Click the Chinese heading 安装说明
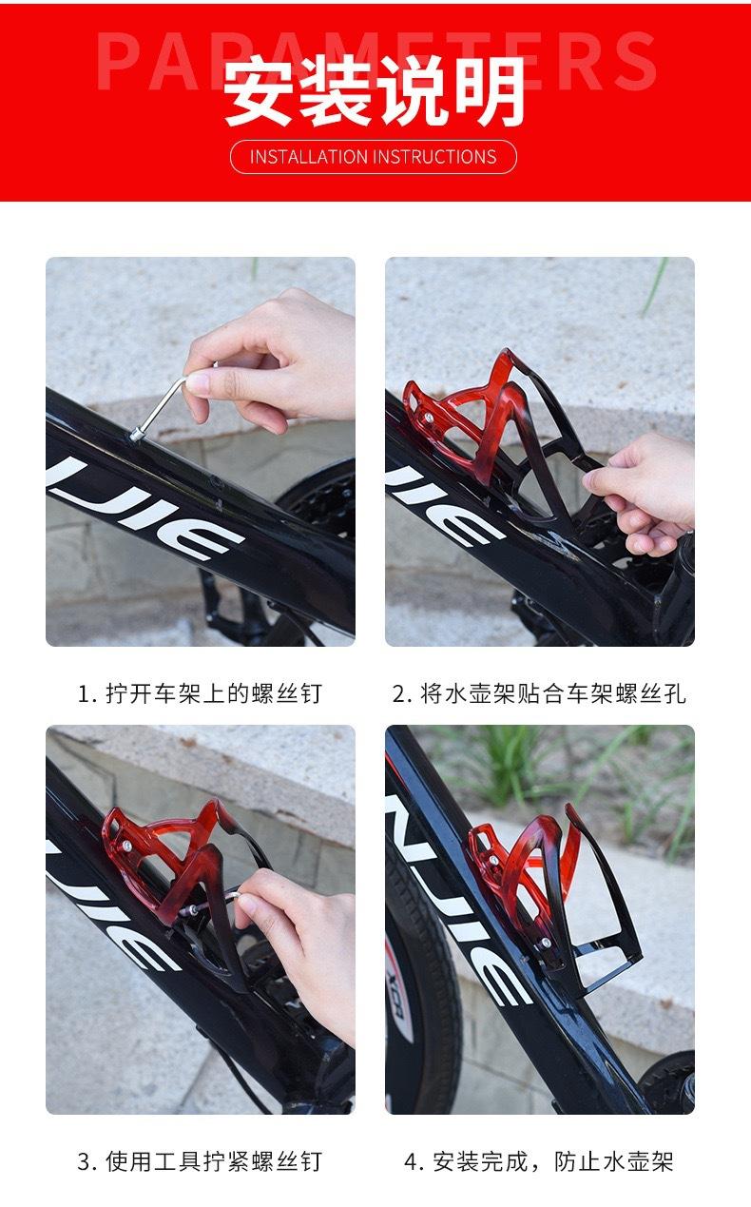click(x=375, y=91)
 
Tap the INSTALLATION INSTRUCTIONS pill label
click(x=374, y=157)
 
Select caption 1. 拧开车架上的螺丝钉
click(x=200, y=693)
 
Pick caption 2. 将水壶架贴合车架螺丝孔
click(x=539, y=693)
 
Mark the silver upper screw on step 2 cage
click(x=429, y=417)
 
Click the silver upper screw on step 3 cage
click(x=127, y=846)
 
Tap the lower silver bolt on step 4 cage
click(x=546, y=943)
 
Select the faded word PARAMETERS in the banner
click(x=375, y=60)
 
